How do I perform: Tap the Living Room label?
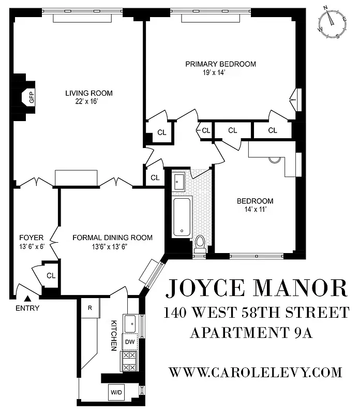(x=88, y=93)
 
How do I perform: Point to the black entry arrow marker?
(x=28, y=298)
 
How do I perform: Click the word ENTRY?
(x=27, y=308)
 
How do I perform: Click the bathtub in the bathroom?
(x=182, y=216)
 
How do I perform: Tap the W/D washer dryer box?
(x=116, y=392)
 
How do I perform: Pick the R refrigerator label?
(x=89, y=308)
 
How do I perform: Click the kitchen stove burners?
(x=128, y=361)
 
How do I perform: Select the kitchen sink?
(x=130, y=322)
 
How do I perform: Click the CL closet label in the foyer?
(x=51, y=275)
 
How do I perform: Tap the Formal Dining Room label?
(x=112, y=238)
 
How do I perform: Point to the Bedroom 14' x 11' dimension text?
(x=255, y=210)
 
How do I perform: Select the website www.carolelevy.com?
(x=256, y=372)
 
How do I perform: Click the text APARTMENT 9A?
(x=252, y=332)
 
